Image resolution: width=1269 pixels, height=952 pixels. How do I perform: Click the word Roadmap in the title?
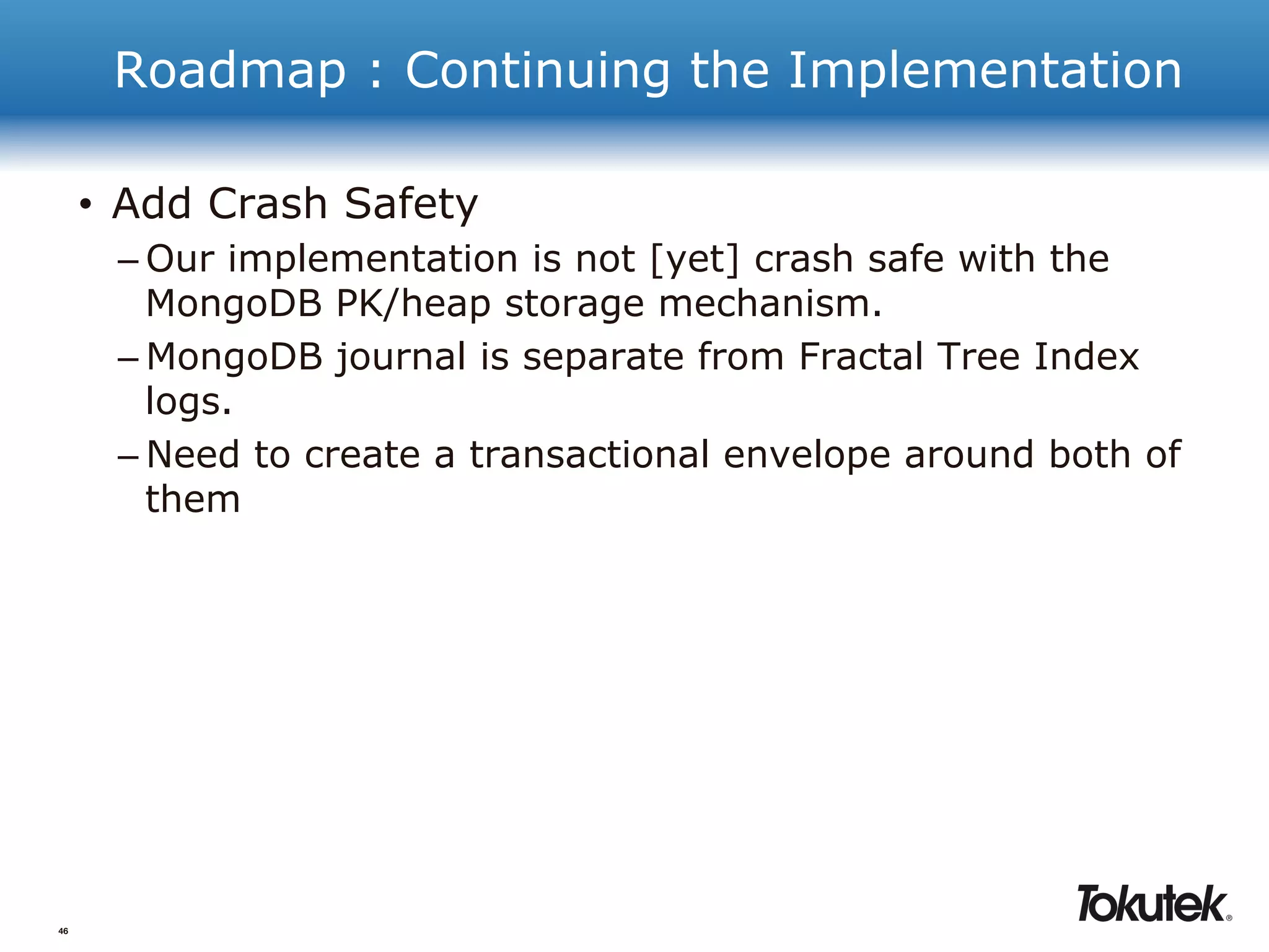[x=230, y=71]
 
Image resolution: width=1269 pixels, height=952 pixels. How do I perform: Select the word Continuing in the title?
[x=537, y=71]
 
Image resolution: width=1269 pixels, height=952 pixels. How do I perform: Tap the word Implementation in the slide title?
[x=985, y=71]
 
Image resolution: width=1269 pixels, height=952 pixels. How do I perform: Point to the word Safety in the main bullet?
[x=411, y=204]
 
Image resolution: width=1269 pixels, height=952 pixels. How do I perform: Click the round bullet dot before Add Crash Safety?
[x=86, y=205]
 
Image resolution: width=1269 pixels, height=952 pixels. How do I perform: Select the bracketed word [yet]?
[x=695, y=258]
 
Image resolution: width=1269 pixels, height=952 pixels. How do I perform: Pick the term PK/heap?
[x=413, y=304]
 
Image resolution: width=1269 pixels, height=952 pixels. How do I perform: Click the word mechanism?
[x=770, y=304]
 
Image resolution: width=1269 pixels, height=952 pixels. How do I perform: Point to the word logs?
[x=188, y=402]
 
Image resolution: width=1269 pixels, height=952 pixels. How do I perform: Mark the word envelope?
[x=807, y=456]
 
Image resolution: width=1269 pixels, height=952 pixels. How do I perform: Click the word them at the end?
[x=193, y=500]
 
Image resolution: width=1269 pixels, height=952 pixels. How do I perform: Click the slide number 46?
[x=63, y=931]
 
